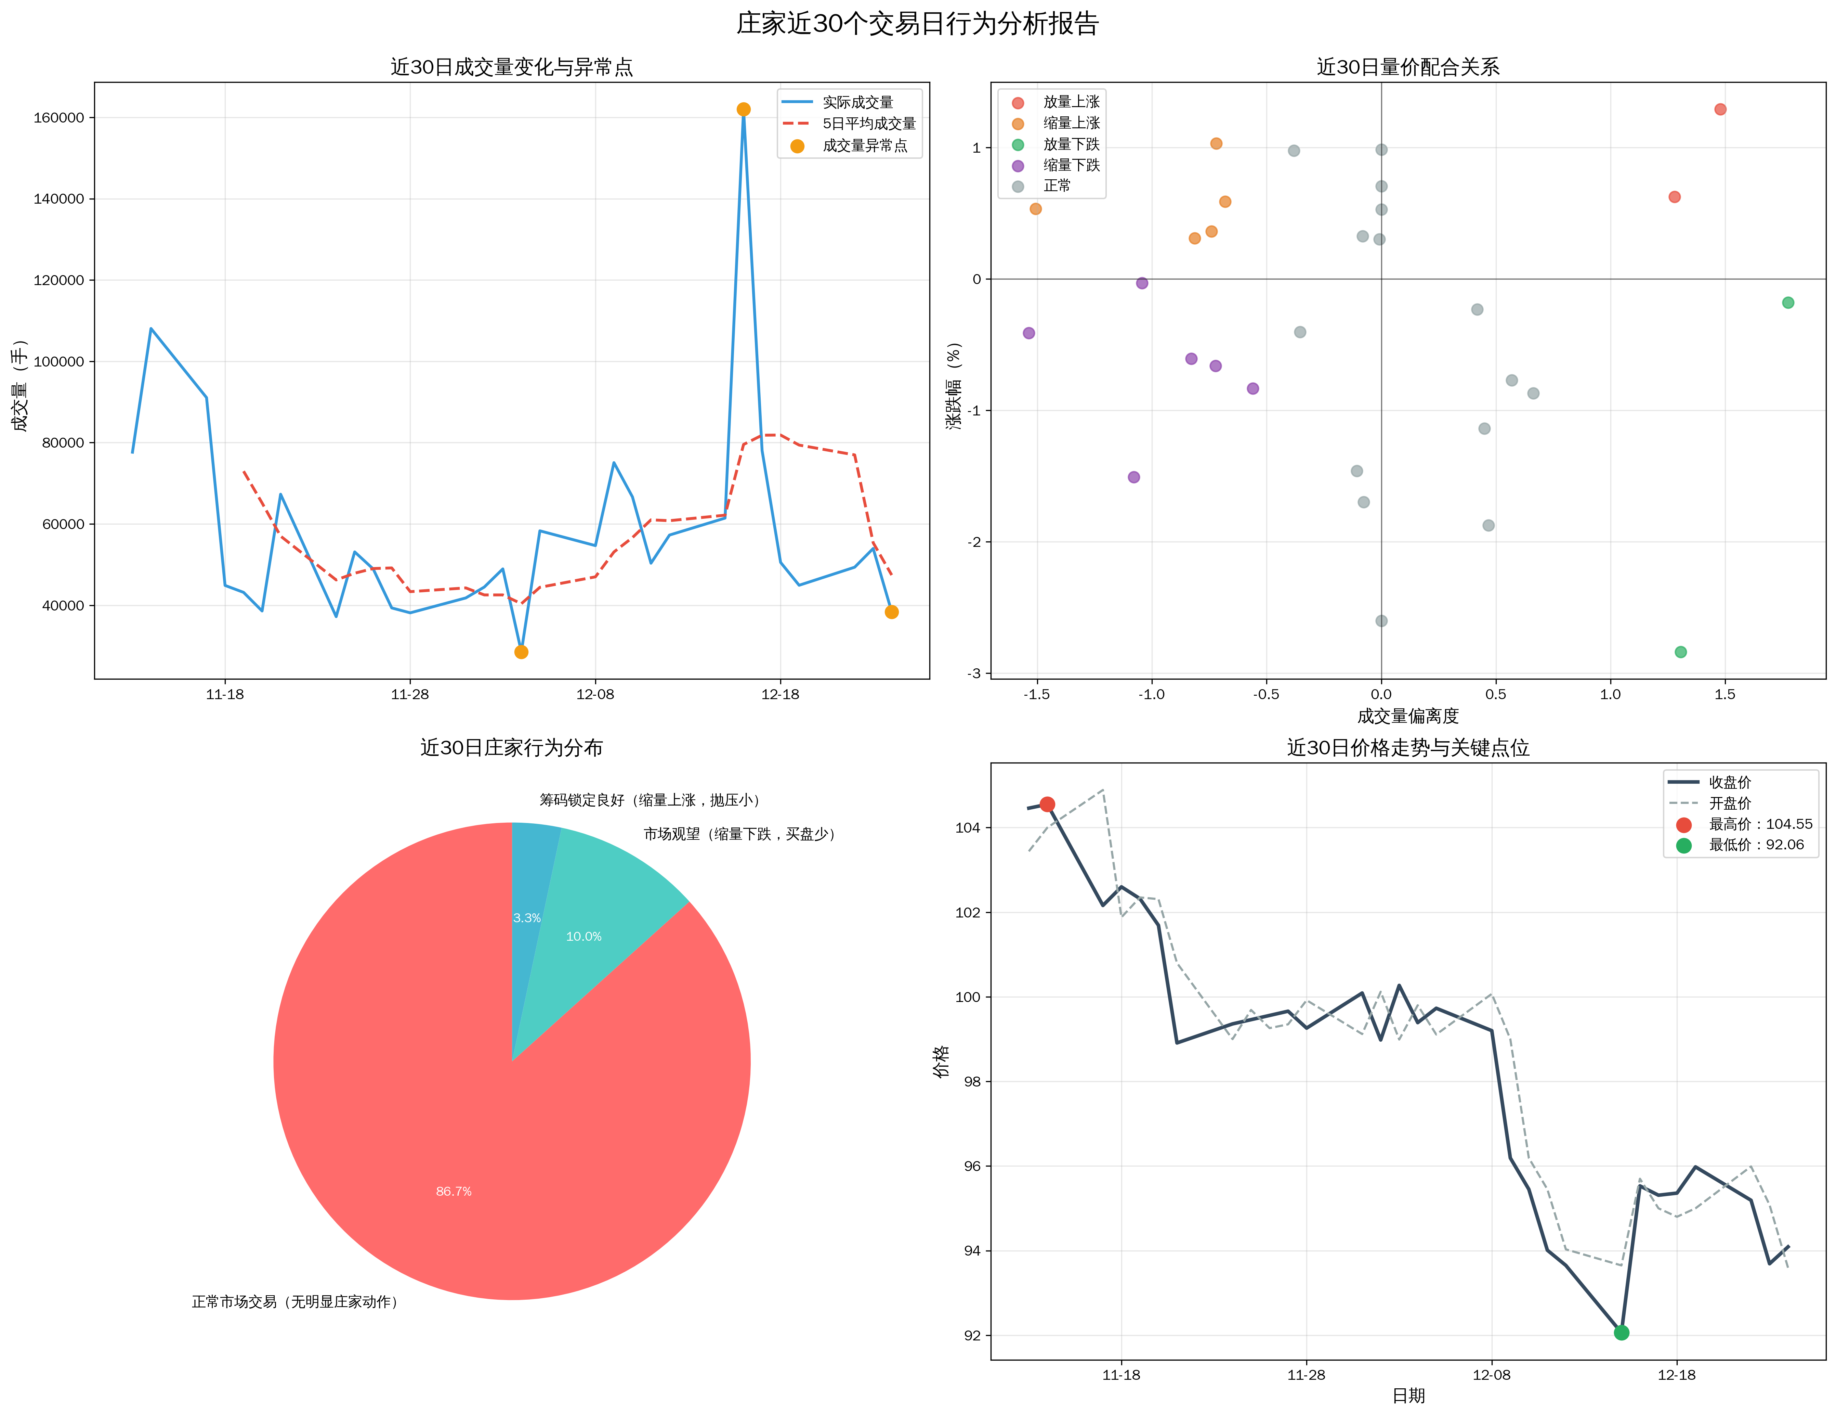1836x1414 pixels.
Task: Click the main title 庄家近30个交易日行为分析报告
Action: point(917,24)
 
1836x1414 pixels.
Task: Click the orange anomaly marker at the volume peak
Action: point(743,110)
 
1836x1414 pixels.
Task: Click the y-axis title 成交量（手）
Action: point(20,385)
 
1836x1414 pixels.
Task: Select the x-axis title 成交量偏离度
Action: point(1408,717)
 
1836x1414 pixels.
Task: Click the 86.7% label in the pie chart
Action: point(454,1191)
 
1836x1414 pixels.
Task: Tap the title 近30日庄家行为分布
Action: point(511,748)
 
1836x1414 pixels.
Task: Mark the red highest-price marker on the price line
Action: point(1047,804)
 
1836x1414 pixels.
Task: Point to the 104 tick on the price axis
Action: point(968,828)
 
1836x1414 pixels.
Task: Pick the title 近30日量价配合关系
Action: point(1408,67)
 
